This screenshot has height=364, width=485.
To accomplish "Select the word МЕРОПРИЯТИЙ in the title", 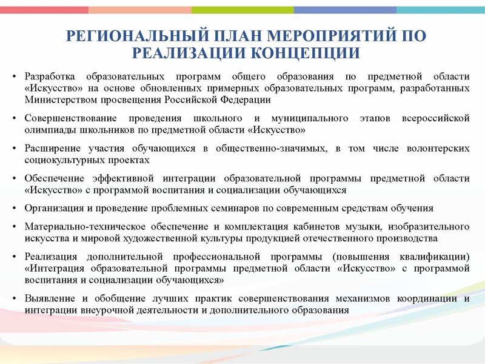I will (x=326, y=36).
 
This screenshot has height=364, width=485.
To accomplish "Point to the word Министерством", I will (x=56, y=99).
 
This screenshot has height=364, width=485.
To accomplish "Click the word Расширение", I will (x=51, y=149).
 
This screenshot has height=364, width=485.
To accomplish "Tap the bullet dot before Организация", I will (x=16, y=209).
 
